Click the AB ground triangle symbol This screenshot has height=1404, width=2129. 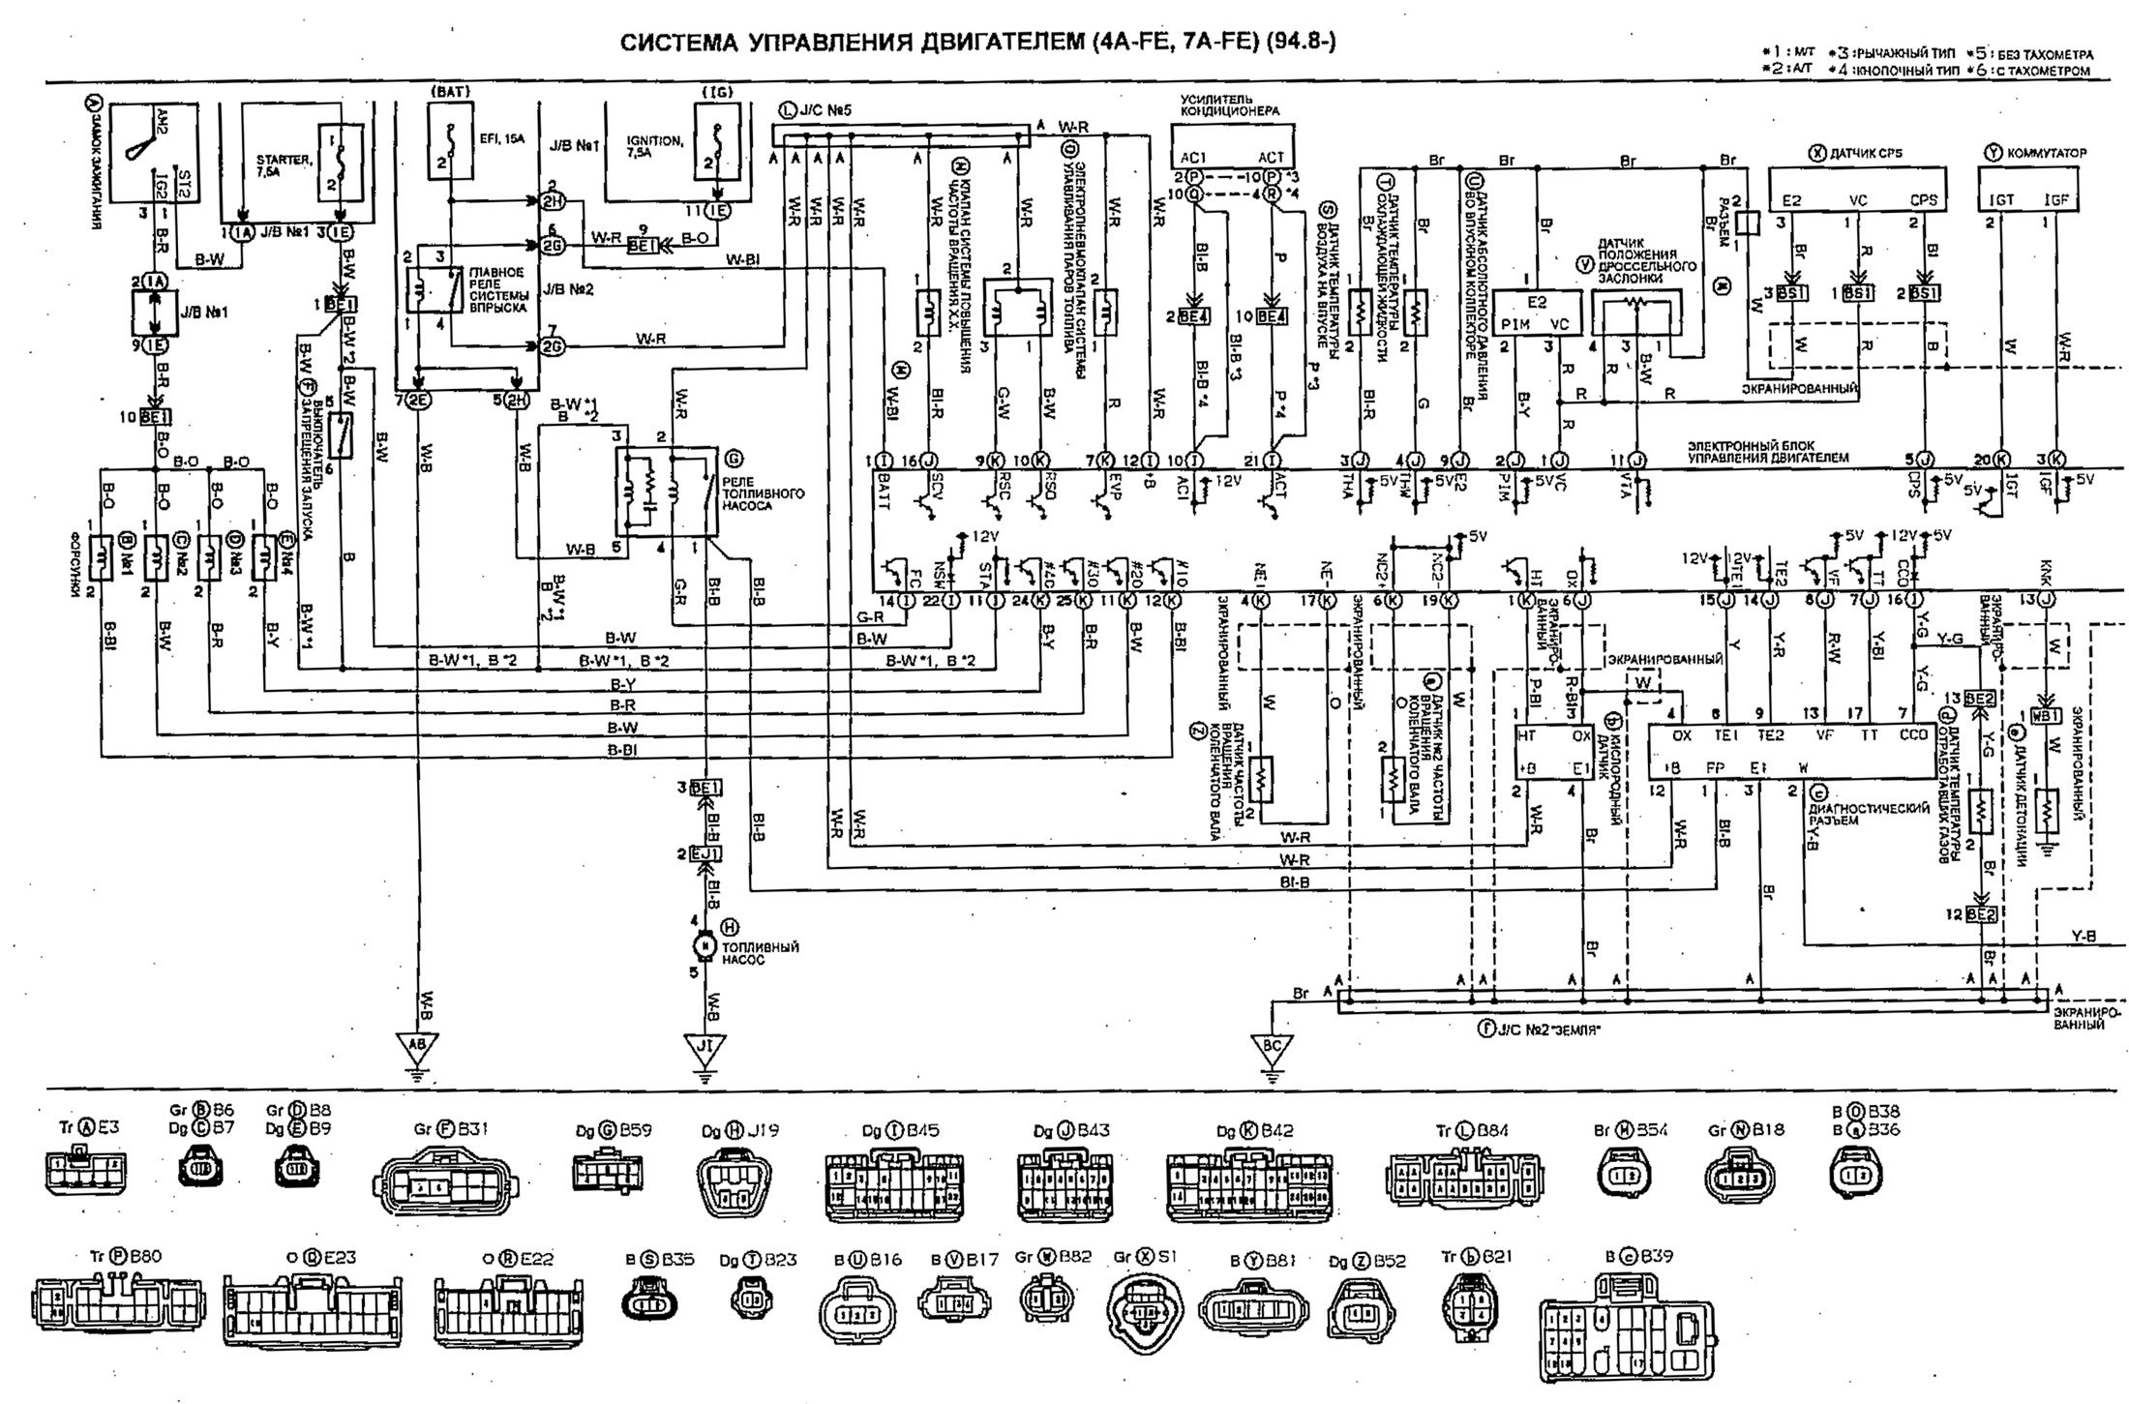coord(418,1047)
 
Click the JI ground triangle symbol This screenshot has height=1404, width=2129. coord(705,1047)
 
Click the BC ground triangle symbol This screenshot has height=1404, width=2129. coord(1273,1047)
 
